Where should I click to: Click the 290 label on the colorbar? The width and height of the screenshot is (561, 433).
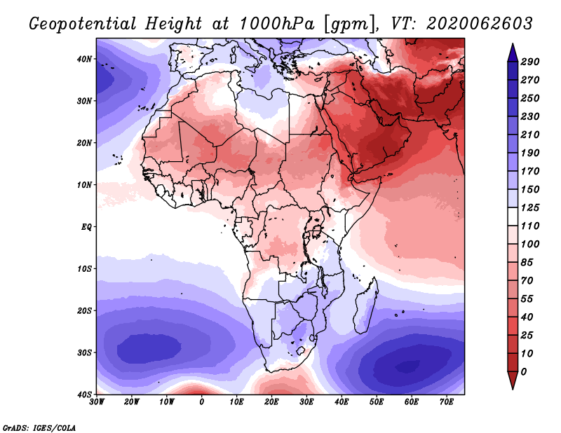pyautogui.click(x=530, y=62)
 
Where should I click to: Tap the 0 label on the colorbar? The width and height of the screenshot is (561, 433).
pyautogui.click(x=524, y=371)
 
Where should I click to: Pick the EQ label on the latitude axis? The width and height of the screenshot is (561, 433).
pyautogui.click(x=86, y=227)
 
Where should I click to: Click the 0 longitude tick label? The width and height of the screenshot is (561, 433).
pyautogui.click(x=202, y=402)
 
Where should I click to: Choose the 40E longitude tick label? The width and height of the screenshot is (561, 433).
pyautogui.click(x=342, y=402)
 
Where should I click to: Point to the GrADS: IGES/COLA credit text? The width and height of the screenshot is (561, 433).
pyautogui.click(x=39, y=426)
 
